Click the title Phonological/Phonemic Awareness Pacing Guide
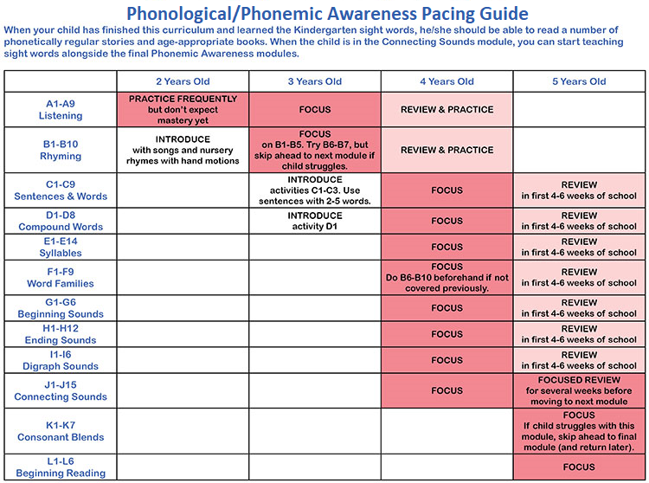click(x=326, y=14)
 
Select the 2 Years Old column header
click(x=183, y=81)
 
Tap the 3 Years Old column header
click(x=314, y=81)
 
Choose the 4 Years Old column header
click(x=447, y=81)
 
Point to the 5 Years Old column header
click(x=580, y=81)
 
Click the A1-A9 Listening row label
click(x=61, y=109)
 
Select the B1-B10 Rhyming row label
click(x=61, y=151)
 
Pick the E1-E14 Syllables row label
click(x=61, y=248)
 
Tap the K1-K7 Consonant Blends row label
click(x=61, y=431)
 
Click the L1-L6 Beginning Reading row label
click(x=61, y=467)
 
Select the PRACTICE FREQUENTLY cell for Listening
click(x=183, y=110)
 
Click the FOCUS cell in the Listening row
click(x=314, y=110)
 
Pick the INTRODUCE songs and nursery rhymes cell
click(x=183, y=150)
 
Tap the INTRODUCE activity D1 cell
click(x=314, y=221)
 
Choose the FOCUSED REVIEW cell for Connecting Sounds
click(x=580, y=390)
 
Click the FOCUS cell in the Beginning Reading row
click(x=580, y=467)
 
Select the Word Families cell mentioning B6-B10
click(x=447, y=277)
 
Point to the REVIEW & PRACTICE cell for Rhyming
click(x=447, y=150)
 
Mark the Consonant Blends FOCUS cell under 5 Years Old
click(x=580, y=431)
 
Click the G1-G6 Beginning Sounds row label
click(x=61, y=308)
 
